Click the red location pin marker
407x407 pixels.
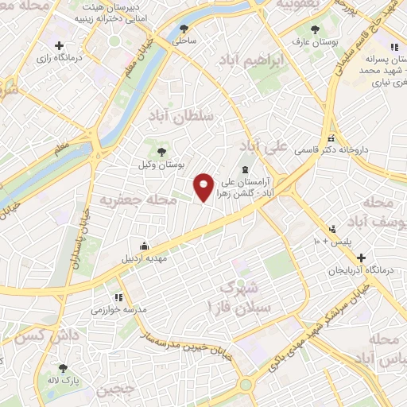204,187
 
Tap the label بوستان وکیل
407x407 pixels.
161,165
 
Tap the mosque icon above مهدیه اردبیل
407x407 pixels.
143,245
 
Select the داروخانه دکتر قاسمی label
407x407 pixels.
329,149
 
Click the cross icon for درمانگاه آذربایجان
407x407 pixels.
362,258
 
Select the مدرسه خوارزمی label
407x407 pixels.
117,309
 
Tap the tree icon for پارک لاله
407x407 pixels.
63,368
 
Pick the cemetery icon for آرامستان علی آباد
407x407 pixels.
245,169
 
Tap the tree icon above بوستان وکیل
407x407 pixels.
161,151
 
